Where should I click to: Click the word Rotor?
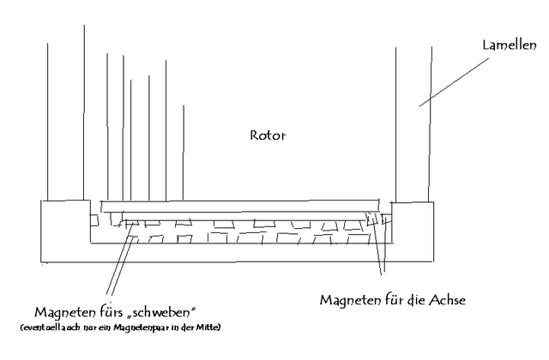(x=267, y=135)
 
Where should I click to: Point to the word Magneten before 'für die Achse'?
(x=349, y=302)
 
